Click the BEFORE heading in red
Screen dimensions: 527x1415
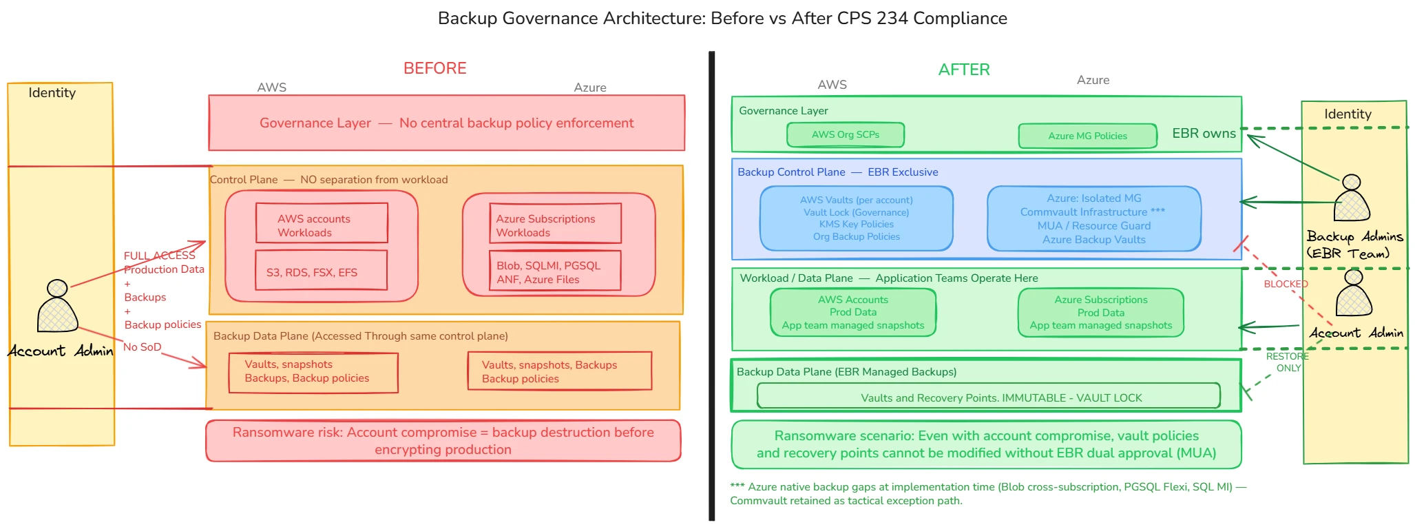(x=434, y=68)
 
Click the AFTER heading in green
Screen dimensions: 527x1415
(x=963, y=70)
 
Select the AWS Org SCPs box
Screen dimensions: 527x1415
(x=845, y=134)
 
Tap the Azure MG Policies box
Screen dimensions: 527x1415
(x=1087, y=136)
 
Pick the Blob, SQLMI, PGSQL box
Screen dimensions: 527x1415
(x=554, y=271)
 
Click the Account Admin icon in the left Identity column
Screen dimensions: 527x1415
(x=57, y=306)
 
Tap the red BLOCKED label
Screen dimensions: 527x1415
(x=1285, y=284)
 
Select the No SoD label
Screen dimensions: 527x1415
(x=142, y=347)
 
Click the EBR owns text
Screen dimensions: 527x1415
(x=1204, y=134)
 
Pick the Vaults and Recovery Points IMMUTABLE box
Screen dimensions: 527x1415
(x=988, y=396)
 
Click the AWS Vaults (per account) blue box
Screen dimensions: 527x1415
(x=856, y=218)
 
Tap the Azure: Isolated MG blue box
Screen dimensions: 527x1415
(x=1093, y=218)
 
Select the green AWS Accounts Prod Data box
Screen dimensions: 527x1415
(x=852, y=312)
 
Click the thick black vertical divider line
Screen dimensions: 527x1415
(x=712, y=286)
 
